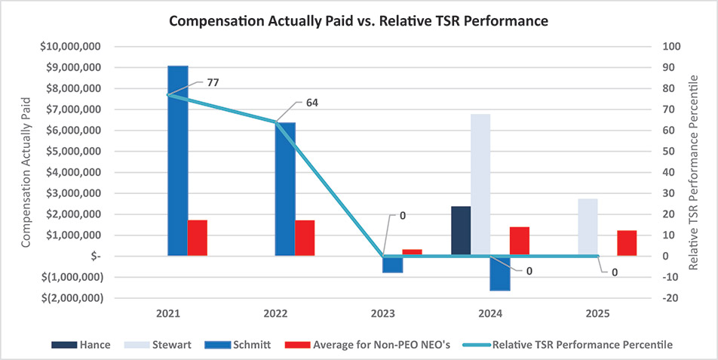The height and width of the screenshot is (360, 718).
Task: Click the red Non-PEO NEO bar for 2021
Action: [198, 238]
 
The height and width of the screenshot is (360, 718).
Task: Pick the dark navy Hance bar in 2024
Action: [461, 231]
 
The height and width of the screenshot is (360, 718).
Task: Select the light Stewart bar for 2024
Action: [480, 185]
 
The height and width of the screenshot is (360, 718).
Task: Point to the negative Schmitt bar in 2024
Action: [500, 273]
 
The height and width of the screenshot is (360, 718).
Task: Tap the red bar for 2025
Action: [627, 243]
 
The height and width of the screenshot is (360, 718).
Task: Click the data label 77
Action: [213, 82]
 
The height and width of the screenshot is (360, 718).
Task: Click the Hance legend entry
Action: [81, 345]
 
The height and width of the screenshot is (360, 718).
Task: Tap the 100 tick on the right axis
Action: [671, 47]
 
